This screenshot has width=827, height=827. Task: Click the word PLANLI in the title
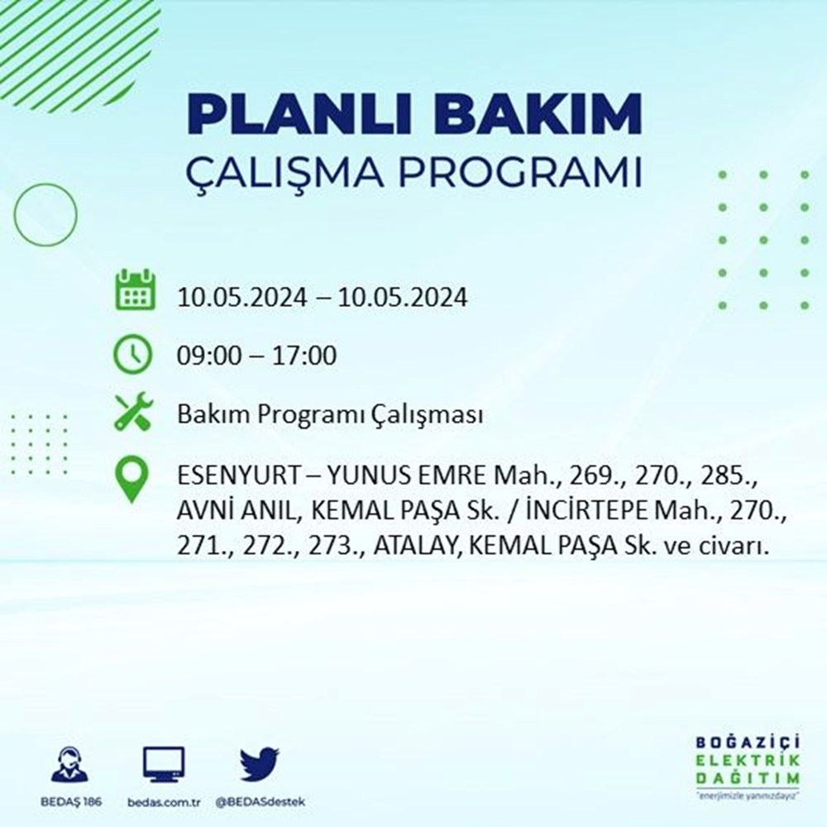click(x=299, y=114)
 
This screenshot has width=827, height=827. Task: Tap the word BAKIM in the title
click(x=537, y=114)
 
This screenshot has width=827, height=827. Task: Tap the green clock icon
click(x=133, y=355)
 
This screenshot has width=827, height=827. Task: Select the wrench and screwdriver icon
click(x=133, y=411)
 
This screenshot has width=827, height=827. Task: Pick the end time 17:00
click(x=304, y=356)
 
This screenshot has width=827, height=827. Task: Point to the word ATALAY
click(x=414, y=547)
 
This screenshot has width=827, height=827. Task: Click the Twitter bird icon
click(x=260, y=763)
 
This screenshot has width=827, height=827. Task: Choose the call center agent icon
click(x=70, y=763)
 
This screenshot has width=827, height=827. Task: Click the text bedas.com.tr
click(x=164, y=802)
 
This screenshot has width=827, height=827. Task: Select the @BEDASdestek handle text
click(x=260, y=802)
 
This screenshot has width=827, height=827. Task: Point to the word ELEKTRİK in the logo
click(x=748, y=761)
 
